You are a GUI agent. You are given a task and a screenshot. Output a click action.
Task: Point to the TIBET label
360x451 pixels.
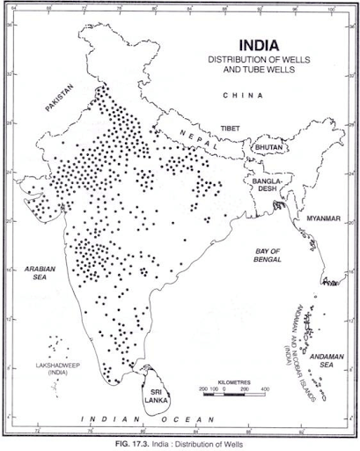(x=229, y=127)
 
